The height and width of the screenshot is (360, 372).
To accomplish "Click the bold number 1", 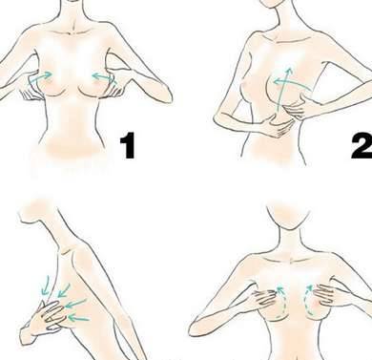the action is pyautogui.click(x=128, y=146).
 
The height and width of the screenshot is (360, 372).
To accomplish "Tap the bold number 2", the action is pyautogui.click(x=362, y=146).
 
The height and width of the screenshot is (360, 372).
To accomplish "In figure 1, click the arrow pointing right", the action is pyautogui.click(x=40, y=77).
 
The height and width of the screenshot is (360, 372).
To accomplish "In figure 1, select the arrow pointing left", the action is pyautogui.click(x=104, y=78).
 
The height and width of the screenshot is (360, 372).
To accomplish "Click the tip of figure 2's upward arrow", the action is pyautogui.click(x=289, y=67).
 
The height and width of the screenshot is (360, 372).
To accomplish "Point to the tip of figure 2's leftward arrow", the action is pyautogui.click(x=274, y=82).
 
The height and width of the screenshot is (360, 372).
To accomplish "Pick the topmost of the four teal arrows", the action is pyautogui.click(x=46, y=286).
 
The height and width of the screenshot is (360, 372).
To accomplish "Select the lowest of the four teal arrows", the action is pyautogui.click(x=78, y=318).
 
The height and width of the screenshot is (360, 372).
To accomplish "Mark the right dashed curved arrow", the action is pyautogui.click(x=307, y=299).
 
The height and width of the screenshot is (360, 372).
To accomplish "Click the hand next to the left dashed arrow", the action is pyautogui.click(x=264, y=298).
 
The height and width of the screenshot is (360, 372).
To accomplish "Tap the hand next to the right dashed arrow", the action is pyautogui.click(x=326, y=293).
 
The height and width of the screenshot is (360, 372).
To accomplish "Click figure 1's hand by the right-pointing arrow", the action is pyautogui.click(x=31, y=88).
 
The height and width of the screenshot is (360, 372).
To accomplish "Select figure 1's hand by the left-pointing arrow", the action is pyautogui.click(x=115, y=88).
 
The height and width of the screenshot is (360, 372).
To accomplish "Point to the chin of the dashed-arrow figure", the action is pyautogui.click(x=288, y=227).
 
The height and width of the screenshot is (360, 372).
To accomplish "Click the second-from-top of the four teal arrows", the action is pyautogui.click(x=64, y=290).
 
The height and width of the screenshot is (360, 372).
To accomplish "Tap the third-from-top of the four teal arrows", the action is pyautogui.click(x=75, y=304).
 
